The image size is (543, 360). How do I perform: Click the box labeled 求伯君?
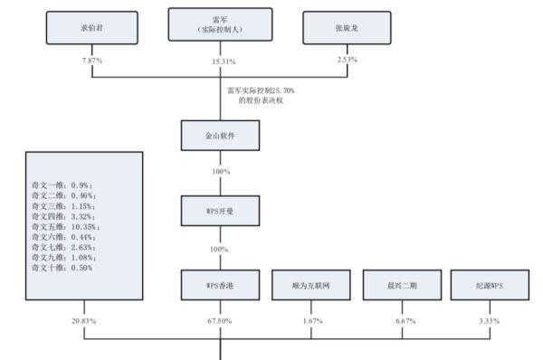(x=86, y=28)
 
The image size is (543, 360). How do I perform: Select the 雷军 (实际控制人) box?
(x=221, y=25)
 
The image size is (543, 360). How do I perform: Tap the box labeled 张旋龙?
(x=347, y=28)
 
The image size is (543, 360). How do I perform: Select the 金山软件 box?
(x=221, y=137)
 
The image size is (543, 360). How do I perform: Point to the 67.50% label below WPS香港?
(x=221, y=320)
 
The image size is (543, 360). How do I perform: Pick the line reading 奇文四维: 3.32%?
(x=62, y=216)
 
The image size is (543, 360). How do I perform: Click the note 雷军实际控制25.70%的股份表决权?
(x=261, y=96)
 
